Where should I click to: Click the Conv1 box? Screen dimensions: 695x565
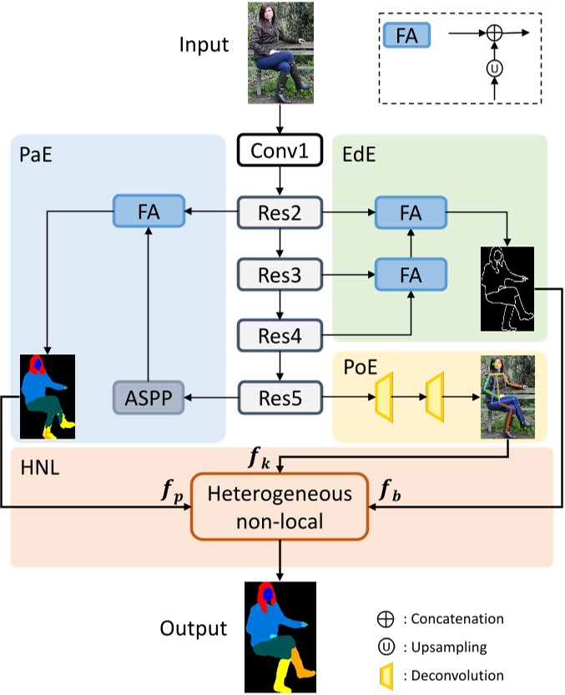point(280,153)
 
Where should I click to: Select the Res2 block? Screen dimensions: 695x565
point(280,212)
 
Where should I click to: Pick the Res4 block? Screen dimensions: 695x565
point(280,336)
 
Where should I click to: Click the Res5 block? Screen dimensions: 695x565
point(280,398)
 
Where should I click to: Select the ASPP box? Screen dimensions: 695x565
point(148,398)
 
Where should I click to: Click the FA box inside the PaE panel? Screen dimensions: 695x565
point(148,212)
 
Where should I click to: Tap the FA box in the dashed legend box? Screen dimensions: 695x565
point(406,35)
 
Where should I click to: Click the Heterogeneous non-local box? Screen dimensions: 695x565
point(280,506)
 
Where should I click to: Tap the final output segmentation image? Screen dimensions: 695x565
point(280,636)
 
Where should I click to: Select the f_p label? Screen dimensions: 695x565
point(171,490)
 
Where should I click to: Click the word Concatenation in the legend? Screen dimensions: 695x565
point(457,619)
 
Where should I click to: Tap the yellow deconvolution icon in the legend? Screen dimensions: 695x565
point(386,673)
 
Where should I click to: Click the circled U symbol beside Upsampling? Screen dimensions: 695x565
point(386,647)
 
